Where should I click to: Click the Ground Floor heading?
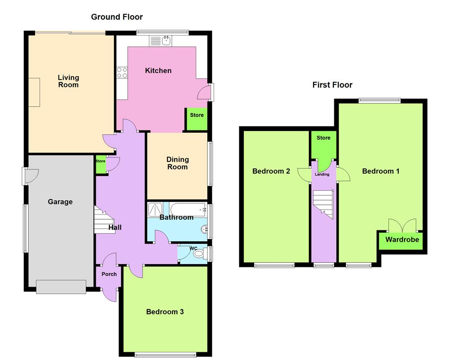[117, 17]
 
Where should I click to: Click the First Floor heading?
[333, 85]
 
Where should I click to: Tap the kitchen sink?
[166, 41]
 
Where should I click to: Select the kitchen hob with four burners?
[122, 72]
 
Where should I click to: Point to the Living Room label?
[68, 81]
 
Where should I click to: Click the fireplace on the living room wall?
[34, 92]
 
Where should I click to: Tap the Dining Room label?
[177, 163]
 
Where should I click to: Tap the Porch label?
[109, 274]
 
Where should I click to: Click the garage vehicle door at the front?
[61, 287]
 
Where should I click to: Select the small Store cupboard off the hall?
[100, 165]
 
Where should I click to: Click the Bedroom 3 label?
[165, 311]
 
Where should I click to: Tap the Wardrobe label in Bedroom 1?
[402, 239]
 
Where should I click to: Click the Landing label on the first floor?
[322, 174]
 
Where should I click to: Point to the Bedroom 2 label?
[271, 171]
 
